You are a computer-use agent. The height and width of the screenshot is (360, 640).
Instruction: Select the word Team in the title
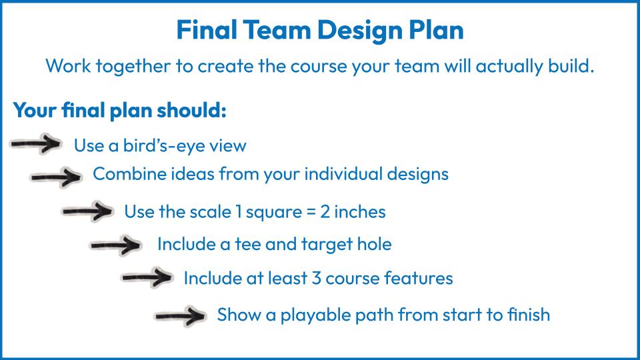click(x=277, y=30)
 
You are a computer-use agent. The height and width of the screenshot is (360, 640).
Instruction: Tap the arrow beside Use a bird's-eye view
click(x=36, y=144)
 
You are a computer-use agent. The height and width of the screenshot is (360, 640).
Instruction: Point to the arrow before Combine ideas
click(x=56, y=177)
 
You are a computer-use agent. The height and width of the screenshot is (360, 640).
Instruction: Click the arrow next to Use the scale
click(x=88, y=211)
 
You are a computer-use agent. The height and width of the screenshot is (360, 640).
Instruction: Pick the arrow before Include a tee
click(x=116, y=245)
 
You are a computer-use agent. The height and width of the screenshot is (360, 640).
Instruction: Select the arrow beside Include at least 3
click(x=147, y=277)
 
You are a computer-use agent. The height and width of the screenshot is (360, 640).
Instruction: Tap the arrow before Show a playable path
click(x=181, y=315)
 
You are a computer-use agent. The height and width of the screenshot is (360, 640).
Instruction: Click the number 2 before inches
click(x=325, y=212)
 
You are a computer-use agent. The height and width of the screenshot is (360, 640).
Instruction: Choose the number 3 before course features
click(x=316, y=279)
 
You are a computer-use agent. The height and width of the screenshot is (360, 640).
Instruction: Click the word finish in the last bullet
click(x=529, y=315)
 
